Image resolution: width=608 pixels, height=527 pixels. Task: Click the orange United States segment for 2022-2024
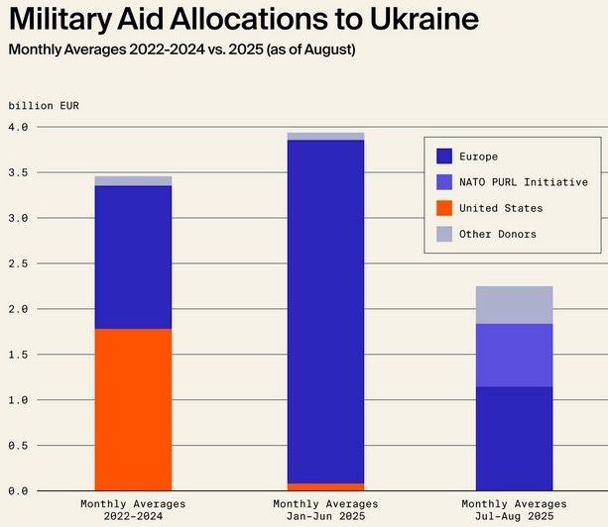pos(133,409)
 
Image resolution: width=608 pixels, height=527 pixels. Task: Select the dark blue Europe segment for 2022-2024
pos(133,257)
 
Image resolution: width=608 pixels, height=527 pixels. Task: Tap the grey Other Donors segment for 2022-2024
pos(133,181)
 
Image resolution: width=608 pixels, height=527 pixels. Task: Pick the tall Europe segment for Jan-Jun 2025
pos(325,311)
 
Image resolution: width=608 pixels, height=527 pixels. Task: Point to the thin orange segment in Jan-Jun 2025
pos(325,486)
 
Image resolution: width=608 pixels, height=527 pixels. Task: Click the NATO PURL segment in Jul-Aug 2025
pos(514,355)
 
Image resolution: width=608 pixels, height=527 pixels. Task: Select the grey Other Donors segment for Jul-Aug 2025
pos(514,305)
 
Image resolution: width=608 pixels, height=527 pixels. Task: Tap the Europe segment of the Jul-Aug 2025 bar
pos(514,438)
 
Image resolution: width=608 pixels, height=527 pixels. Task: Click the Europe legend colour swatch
pos(444,157)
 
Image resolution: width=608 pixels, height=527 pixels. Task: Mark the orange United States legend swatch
pos(444,208)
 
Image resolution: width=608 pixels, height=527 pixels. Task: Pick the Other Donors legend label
pos(504,234)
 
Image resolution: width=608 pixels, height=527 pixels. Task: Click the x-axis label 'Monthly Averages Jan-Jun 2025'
pos(325,510)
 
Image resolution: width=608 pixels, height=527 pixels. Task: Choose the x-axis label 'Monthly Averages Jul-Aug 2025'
pos(514,510)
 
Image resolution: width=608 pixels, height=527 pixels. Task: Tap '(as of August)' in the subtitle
pos(305,50)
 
